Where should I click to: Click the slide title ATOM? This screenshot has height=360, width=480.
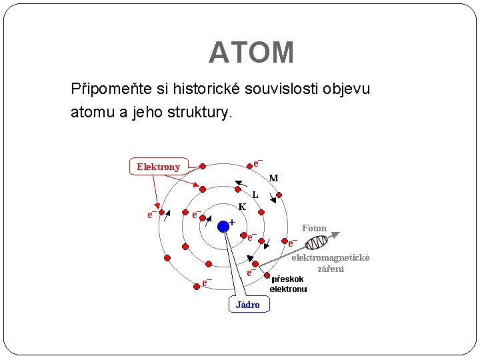251,53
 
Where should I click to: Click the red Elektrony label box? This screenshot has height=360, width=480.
158,167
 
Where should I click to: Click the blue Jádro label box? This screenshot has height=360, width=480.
249,305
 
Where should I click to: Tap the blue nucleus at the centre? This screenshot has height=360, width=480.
223,227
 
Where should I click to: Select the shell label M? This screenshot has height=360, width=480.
273,178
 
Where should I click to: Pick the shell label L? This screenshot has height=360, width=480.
255,195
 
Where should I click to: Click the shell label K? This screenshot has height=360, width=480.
243,207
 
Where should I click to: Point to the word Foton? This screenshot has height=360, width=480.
314,229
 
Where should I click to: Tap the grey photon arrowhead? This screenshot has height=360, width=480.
335,234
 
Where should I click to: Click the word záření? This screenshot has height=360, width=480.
331,269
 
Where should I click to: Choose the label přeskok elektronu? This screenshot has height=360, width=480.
288,285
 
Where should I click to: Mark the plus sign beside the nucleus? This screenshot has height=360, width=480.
232,221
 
